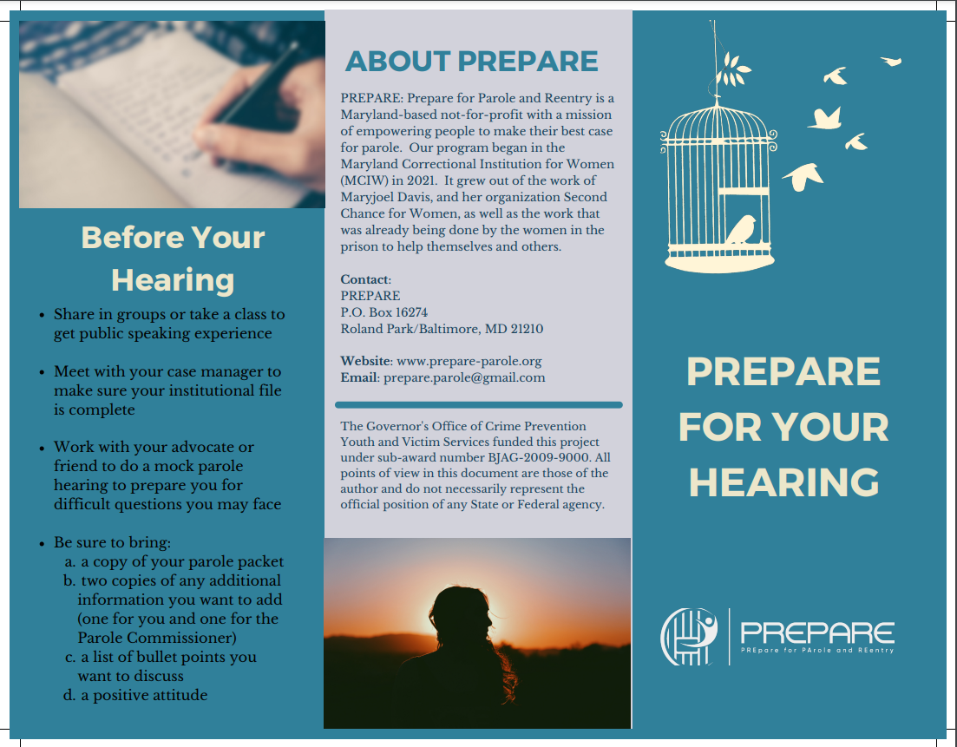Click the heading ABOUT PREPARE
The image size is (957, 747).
coord(472,62)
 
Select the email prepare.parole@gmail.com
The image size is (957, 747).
coord(464,378)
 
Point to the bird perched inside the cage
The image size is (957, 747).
coord(742,229)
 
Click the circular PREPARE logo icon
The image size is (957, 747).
coord(689,636)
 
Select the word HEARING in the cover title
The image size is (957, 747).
coord(783,482)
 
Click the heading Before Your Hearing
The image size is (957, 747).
coord(173,259)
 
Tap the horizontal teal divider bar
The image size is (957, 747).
coord(478,404)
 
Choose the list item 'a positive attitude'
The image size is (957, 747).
coord(144,695)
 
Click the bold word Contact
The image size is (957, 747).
coord(364,279)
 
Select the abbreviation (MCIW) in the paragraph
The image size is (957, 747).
coord(367,180)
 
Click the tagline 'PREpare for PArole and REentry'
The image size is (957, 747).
coord(816,650)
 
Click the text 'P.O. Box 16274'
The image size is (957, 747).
coord(383,312)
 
